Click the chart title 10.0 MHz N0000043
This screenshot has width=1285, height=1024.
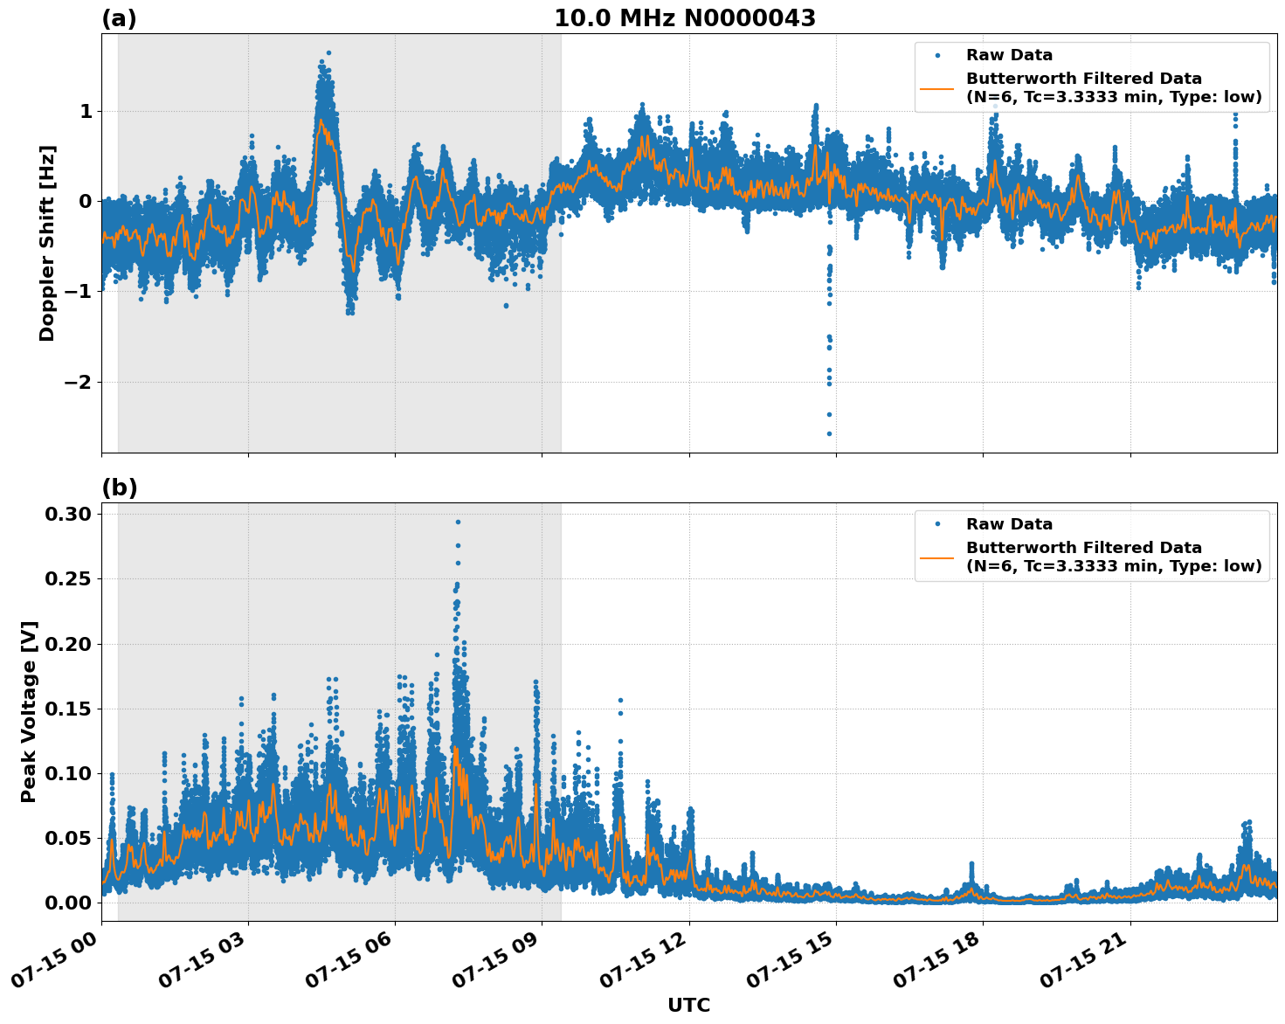point(685,18)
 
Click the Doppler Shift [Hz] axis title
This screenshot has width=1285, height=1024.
point(47,243)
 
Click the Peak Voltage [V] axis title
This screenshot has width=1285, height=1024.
point(29,712)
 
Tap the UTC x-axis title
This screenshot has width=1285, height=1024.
point(688,1005)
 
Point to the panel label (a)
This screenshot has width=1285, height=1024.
point(119,18)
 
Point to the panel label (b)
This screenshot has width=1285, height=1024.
point(119,488)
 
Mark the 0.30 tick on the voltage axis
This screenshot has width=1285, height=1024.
point(68,514)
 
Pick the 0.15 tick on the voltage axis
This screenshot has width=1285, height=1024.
point(68,709)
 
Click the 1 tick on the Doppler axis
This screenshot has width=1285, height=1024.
point(86,111)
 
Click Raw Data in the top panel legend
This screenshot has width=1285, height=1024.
point(1009,55)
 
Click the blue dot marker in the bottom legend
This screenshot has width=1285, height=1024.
point(937,524)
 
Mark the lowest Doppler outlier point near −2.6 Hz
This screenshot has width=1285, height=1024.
point(829,433)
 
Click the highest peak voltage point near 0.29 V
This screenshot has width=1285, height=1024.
point(458,522)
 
